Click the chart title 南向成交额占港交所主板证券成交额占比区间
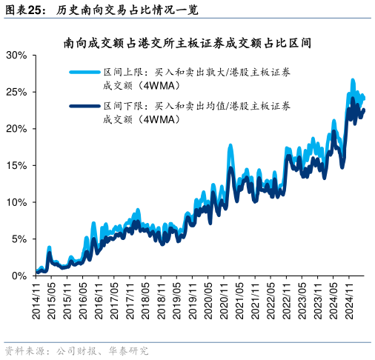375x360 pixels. pyautogui.click(x=187, y=43)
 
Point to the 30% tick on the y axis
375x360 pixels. pyautogui.click(x=16, y=56)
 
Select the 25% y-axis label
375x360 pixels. pyautogui.click(x=16, y=92)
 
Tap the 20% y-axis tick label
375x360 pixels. pyautogui.click(x=16, y=129)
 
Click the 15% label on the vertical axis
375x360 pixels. pyautogui.click(x=16, y=165)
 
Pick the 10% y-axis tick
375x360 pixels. pyautogui.click(x=16, y=202)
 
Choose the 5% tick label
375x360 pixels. pyautogui.click(x=19, y=239)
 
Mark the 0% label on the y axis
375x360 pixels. pyautogui.click(x=19, y=276)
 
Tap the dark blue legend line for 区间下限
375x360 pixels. pyautogui.click(x=85, y=107)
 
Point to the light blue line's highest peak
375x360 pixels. pyautogui.click(x=353, y=80)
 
